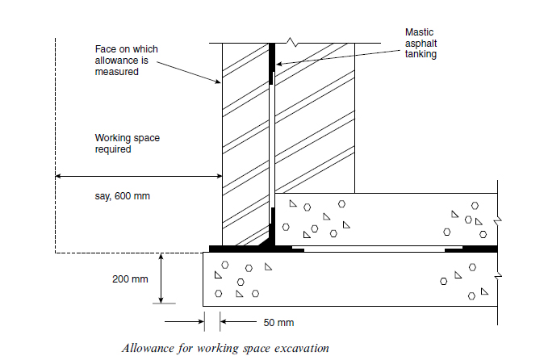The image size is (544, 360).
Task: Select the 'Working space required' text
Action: [128, 144]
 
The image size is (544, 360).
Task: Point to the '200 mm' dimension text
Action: [130, 279]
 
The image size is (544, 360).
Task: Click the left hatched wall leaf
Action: [246, 145]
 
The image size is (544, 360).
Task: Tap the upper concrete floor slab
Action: [387, 218]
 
